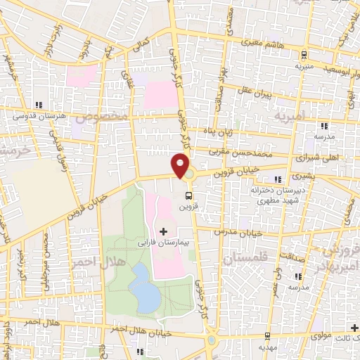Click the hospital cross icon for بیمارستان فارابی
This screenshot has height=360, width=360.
point(163,231)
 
